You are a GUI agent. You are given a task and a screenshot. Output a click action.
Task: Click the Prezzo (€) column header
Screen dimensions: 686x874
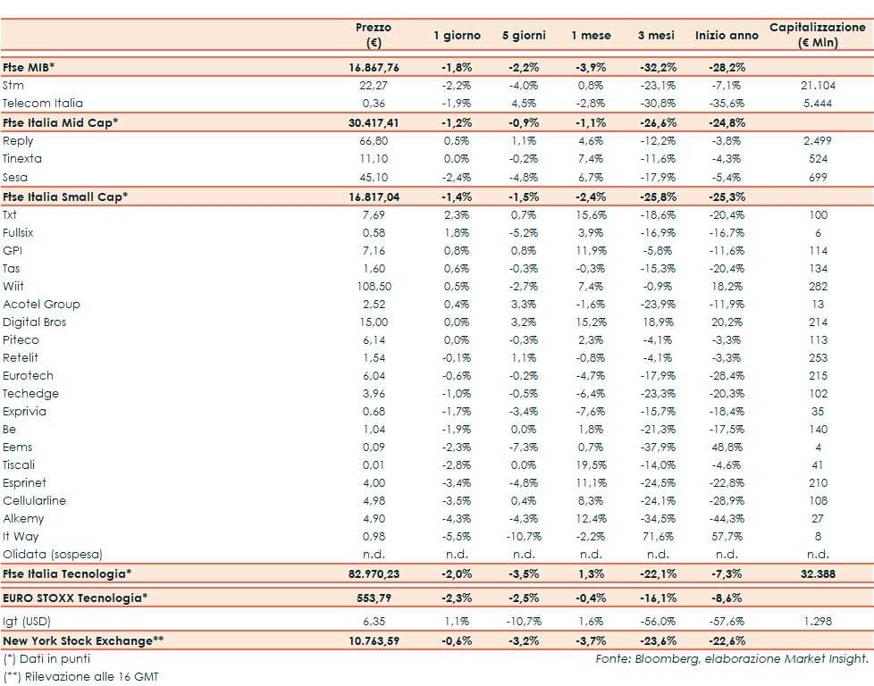pyautogui.click(x=374, y=35)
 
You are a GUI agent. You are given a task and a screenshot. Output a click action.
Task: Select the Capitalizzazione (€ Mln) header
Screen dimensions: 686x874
pyautogui.click(x=818, y=35)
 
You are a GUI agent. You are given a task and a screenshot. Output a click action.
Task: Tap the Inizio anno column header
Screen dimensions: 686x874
pyautogui.click(x=720, y=36)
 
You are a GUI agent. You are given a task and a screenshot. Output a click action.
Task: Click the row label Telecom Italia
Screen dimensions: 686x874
pyautogui.click(x=43, y=104)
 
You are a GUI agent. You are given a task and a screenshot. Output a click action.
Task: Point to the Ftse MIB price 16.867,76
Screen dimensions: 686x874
pyautogui.click(x=374, y=67)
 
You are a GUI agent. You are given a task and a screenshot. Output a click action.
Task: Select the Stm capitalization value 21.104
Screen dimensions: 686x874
pyautogui.click(x=818, y=86)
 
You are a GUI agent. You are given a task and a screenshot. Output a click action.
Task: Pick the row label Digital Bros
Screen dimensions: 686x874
pyautogui.click(x=35, y=322)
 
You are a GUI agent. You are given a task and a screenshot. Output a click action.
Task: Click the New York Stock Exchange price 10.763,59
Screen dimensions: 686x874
pyautogui.click(x=374, y=640)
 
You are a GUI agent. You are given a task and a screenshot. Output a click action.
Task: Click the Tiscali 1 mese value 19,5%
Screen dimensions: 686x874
pyautogui.click(x=590, y=464)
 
